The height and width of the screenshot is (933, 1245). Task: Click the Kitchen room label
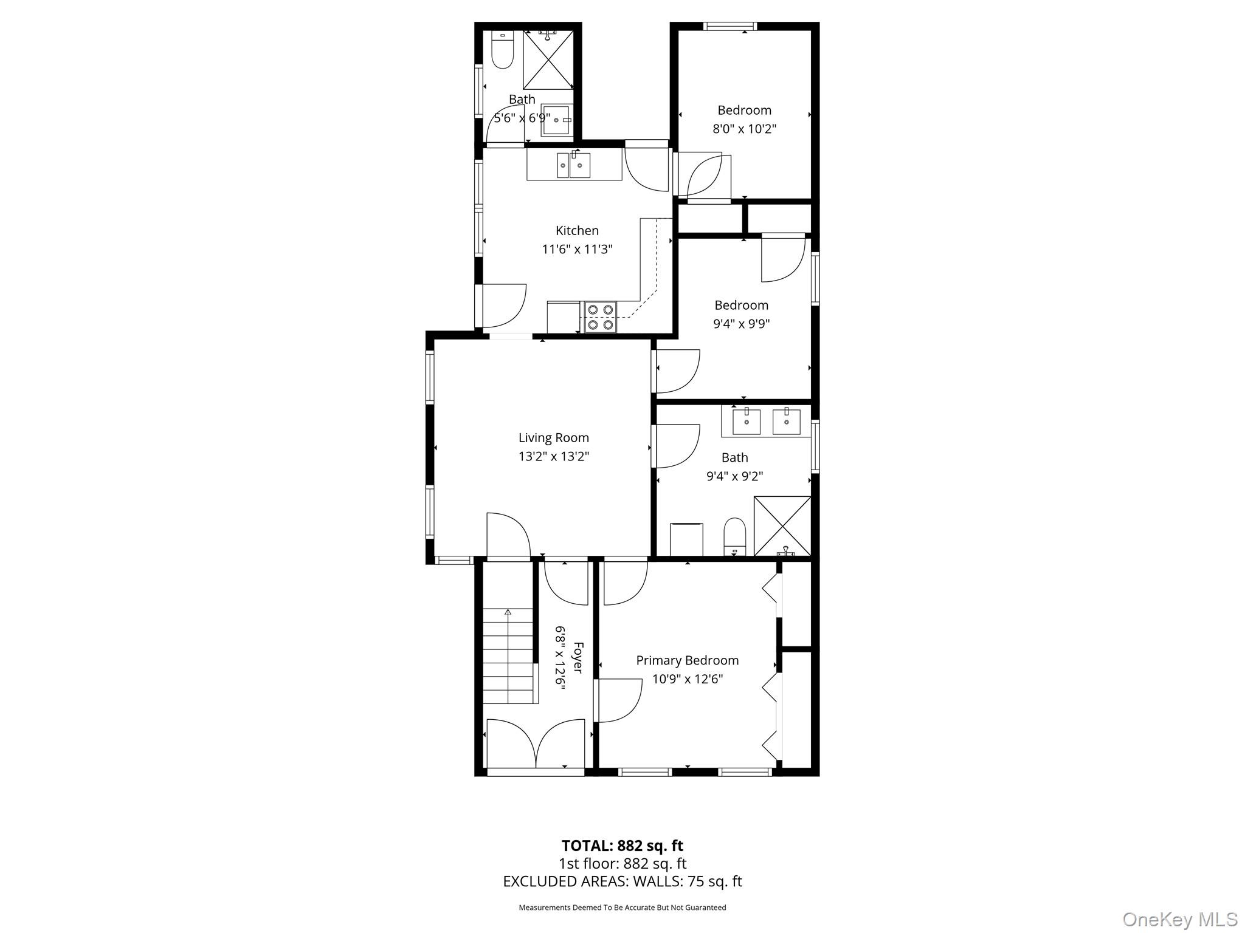pyautogui.click(x=577, y=231)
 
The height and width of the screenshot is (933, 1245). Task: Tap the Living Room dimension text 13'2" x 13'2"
pyautogui.click(x=554, y=456)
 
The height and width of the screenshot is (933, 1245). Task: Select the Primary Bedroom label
pyautogui.click(x=688, y=660)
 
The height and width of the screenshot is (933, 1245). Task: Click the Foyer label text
pyautogui.click(x=578, y=658)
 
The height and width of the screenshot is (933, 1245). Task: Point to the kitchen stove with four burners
pyautogui.click(x=600, y=317)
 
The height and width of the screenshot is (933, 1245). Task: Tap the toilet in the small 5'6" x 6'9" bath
pyautogui.click(x=502, y=50)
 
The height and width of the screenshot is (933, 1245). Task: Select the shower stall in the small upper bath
pyautogui.click(x=548, y=60)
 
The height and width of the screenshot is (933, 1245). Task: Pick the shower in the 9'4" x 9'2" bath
pyautogui.click(x=782, y=526)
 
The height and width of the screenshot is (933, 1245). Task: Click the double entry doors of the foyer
pyautogui.click(x=536, y=744)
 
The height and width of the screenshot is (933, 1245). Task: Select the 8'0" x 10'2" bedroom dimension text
pyautogui.click(x=745, y=129)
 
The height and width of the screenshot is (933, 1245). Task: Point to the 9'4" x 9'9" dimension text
pyautogui.click(x=742, y=324)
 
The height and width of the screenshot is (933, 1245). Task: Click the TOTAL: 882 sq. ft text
pyautogui.click(x=622, y=846)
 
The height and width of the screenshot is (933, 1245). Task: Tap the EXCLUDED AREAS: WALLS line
pyautogui.click(x=622, y=881)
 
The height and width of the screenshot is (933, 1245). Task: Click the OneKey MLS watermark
pyautogui.click(x=1180, y=919)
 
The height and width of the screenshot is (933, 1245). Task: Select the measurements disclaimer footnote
pyautogui.click(x=622, y=907)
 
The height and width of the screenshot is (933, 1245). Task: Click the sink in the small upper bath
pyautogui.click(x=556, y=120)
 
